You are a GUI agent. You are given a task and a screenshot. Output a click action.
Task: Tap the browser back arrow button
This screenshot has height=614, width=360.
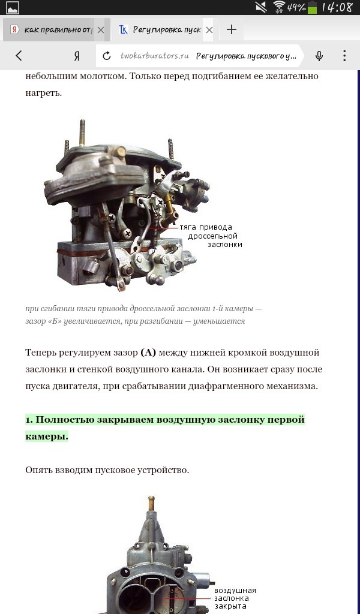pyautogui.click(x=19, y=56)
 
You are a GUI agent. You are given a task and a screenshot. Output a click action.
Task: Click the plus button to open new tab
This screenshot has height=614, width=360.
pyautogui.click(x=232, y=29)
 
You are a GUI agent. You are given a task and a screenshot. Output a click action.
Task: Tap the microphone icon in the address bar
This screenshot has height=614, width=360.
pyautogui.click(x=319, y=56)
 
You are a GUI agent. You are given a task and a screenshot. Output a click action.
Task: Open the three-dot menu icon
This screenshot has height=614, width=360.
pyautogui.click(x=344, y=56)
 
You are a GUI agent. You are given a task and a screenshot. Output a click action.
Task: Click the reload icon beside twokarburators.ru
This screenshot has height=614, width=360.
pyautogui.click(x=107, y=56)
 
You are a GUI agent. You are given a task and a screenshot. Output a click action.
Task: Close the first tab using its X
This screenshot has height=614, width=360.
pyautogui.click(x=100, y=29)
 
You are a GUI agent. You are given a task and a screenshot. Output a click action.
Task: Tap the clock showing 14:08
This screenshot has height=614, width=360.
pyautogui.click(x=337, y=7)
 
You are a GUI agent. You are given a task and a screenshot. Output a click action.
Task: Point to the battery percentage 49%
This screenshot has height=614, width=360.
pyautogui.click(x=296, y=8)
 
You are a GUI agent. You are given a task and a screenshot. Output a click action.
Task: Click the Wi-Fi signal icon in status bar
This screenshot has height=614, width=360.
pyautogui.click(x=279, y=7)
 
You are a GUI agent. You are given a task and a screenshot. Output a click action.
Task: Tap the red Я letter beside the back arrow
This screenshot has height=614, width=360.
pyautogui.click(x=76, y=56)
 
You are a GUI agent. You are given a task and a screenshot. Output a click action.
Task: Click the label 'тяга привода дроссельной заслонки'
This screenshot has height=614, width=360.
pyautogui.click(x=208, y=236)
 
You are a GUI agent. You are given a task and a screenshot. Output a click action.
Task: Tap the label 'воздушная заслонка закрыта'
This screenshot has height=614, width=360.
pyautogui.click(x=235, y=598)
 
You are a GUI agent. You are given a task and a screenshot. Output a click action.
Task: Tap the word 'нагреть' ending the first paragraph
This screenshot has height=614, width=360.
pyautogui.click(x=43, y=93)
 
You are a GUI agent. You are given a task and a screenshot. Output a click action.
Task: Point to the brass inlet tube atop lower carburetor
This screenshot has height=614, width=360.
pyautogui.click(x=152, y=503)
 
